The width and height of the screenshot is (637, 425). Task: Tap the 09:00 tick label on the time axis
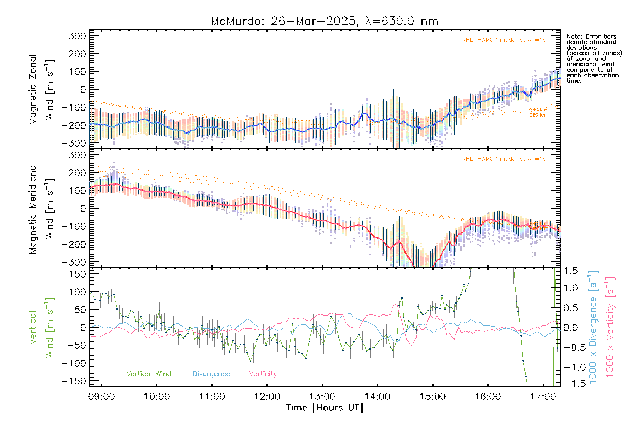point(101,397)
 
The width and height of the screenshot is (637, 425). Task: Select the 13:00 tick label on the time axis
point(322,397)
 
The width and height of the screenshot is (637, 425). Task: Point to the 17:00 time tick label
point(543,397)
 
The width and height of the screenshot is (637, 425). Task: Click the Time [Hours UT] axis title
point(325,408)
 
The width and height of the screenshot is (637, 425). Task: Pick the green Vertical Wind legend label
point(149,374)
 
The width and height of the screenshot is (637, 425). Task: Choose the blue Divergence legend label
point(211,374)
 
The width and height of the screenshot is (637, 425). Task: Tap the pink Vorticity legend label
point(263,374)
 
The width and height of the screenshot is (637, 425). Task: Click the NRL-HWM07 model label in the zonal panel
point(504,40)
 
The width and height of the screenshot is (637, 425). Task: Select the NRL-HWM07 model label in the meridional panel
point(504,159)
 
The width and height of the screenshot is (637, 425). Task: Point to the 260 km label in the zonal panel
point(538,115)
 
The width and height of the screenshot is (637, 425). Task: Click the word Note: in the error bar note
point(575,36)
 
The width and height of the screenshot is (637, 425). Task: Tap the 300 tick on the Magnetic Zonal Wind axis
point(78,36)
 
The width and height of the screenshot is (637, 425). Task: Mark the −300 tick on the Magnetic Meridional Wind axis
point(74,262)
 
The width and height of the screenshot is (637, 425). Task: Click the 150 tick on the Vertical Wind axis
point(78,274)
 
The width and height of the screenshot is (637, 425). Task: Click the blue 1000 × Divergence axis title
point(593,327)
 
